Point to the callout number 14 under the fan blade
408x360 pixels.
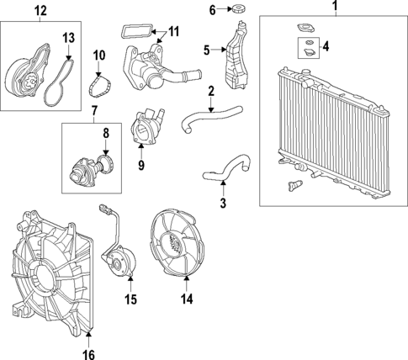tap(186, 297)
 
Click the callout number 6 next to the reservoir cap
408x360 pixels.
tap(212, 10)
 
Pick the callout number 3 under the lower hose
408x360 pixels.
tap(222, 203)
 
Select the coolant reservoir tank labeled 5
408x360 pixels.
tap(238, 55)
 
